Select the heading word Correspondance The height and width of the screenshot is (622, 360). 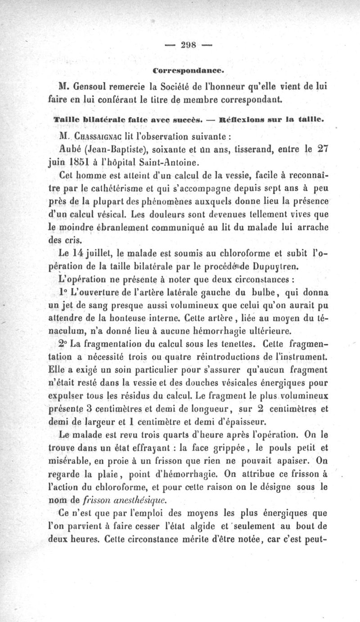pos(189,70)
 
